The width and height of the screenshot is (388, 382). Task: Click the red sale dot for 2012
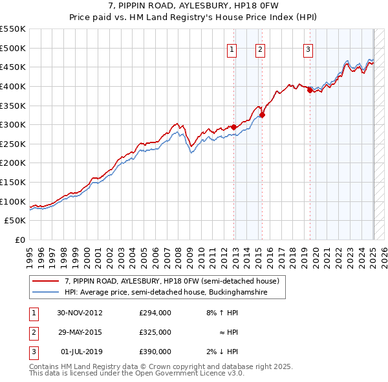(233, 128)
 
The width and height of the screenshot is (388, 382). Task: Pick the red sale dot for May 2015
(263, 115)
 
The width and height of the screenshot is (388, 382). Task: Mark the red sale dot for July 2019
(310, 91)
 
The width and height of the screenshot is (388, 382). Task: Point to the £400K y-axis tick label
(13, 86)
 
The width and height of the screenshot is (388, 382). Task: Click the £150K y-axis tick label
(13, 182)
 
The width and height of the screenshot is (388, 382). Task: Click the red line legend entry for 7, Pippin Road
(171, 281)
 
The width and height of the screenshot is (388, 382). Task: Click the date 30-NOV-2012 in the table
(80, 313)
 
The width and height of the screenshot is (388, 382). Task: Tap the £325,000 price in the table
(155, 332)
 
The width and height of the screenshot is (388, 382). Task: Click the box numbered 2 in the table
(33, 332)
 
